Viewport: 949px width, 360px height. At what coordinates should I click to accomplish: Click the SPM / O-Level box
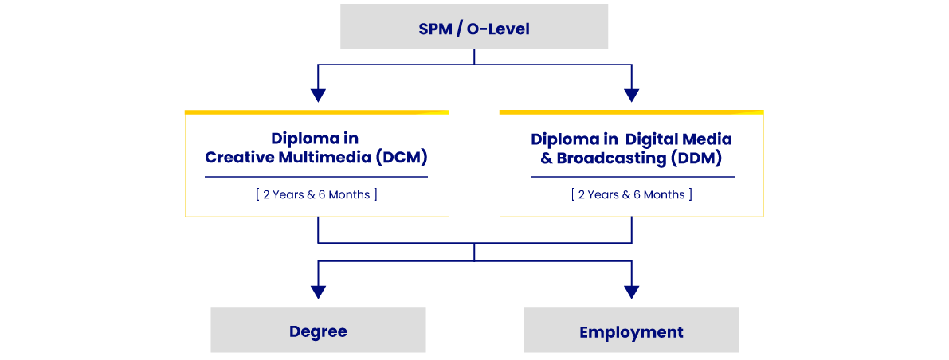pyautogui.click(x=474, y=27)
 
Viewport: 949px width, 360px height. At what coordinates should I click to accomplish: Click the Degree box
pyautogui.click(x=318, y=331)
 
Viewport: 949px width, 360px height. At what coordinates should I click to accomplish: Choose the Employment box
pyautogui.click(x=631, y=331)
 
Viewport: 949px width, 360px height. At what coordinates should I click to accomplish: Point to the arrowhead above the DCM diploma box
pyautogui.click(x=318, y=95)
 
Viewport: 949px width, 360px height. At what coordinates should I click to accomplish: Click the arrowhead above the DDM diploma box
pyautogui.click(x=632, y=95)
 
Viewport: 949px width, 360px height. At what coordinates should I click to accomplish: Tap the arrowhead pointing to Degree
pyautogui.click(x=318, y=292)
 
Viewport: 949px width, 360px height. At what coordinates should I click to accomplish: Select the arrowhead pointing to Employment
pyautogui.click(x=632, y=292)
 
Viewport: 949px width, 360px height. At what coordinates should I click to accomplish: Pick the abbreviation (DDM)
pyautogui.click(x=696, y=158)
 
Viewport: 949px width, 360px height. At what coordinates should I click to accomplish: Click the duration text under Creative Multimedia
pyautogui.click(x=316, y=194)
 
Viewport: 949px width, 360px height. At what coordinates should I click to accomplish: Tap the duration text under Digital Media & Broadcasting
pyautogui.click(x=631, y=194)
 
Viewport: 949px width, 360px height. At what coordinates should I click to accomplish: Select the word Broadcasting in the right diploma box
pyautogui.click(x=611, y=158)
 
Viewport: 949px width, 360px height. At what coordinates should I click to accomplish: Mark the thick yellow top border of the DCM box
pyautogui.click(x=316, y=112)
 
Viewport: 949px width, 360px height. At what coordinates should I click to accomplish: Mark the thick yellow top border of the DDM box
pyautogui.click(x=631, y=112)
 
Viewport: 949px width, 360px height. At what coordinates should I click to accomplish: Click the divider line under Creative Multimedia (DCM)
pyautogui.click(x=316, y=177)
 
